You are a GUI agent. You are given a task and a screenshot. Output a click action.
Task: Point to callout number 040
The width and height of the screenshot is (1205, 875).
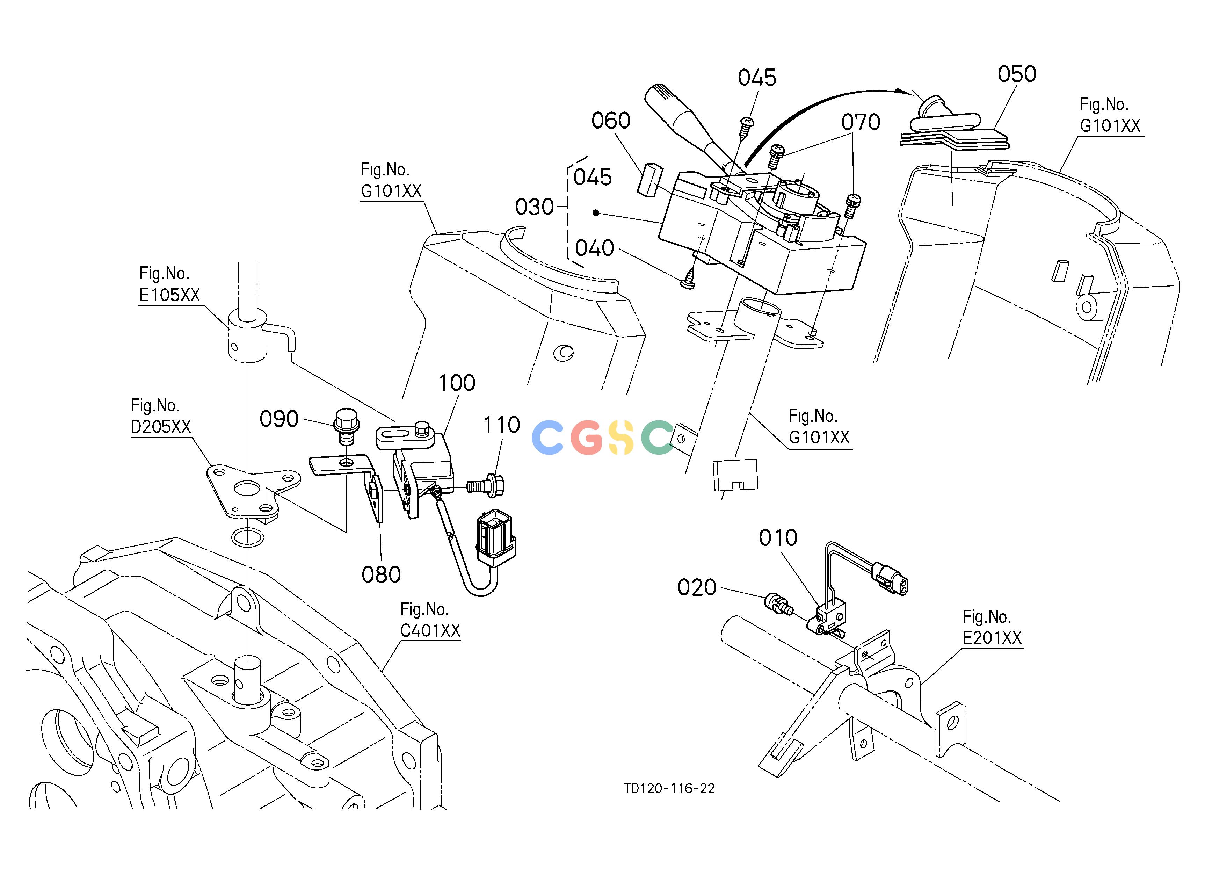[595, 248]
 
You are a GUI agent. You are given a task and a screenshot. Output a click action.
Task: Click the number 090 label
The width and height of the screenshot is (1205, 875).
[279, 419]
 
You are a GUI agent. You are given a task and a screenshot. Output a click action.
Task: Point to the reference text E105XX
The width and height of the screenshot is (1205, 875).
[169, 295]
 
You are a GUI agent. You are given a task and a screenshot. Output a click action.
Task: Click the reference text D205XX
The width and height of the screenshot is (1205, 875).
[160, 427]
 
